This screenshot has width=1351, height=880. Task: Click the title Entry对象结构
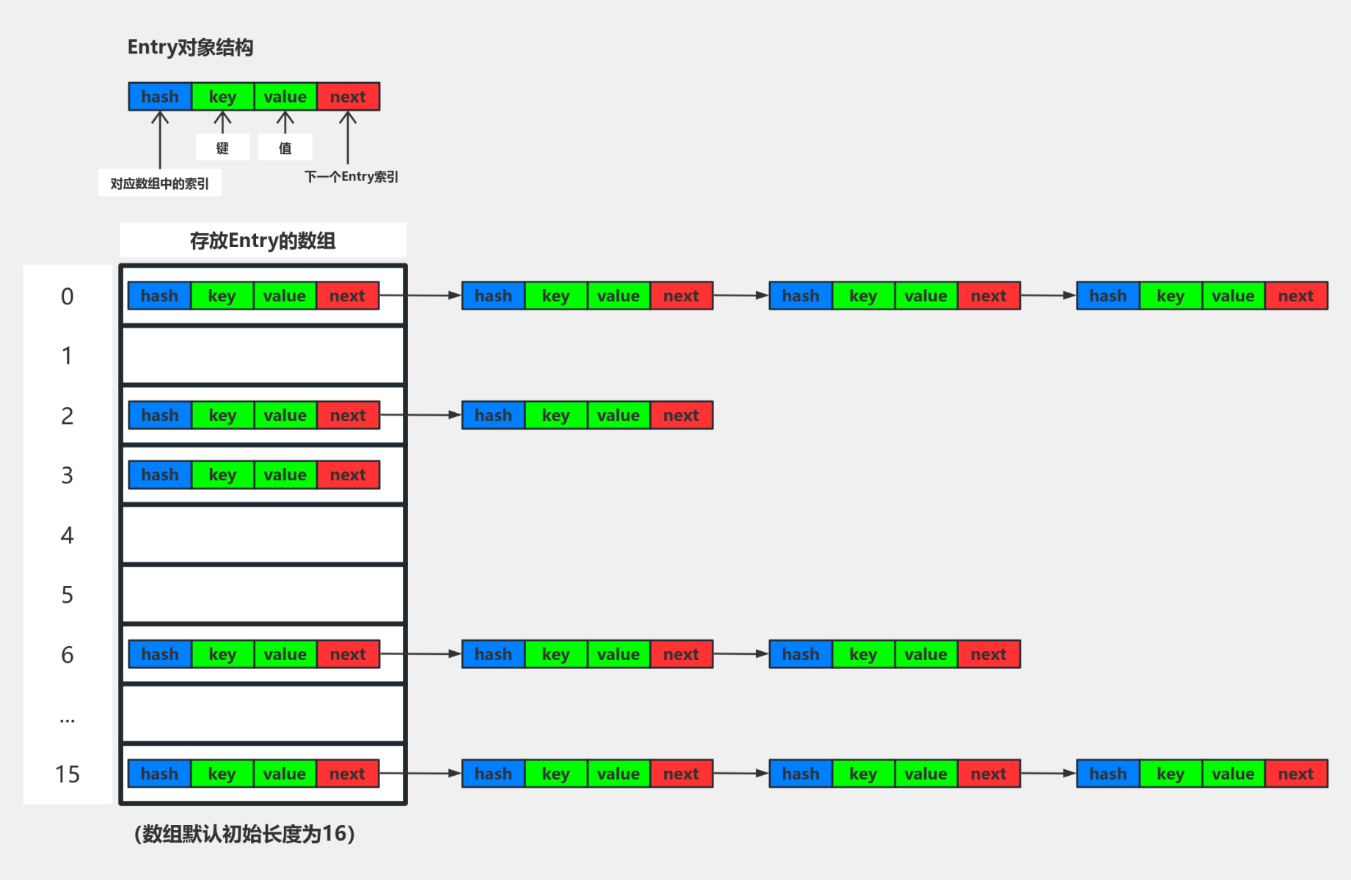tap(190, 48)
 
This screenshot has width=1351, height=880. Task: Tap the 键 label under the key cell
tap(222, 148)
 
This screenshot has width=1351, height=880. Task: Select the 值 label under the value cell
tap(285, 148)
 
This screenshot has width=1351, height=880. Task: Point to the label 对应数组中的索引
tap(159, 183)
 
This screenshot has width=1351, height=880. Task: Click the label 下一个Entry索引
tap(351, 177)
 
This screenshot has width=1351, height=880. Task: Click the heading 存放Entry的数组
tap(262, 241)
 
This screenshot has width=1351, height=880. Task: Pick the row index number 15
tap(67, 774)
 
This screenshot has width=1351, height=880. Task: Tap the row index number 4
tap(67, 535)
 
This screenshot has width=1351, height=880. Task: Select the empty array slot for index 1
tap(263, 356)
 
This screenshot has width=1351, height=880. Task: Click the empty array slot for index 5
tap(263, 595)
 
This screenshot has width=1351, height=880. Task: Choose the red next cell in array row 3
tap(348, 475)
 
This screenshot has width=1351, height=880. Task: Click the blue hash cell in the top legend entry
tap(160, 97)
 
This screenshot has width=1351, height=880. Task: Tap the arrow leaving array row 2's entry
tap(420, 415)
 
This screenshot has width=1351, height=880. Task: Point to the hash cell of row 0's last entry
tap(1107, 296)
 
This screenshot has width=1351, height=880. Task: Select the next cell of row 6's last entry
tap(988, 654)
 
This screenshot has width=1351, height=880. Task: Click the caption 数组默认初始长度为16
tap(244, 834)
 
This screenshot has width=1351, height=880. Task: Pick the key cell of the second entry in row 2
tap(556, 416)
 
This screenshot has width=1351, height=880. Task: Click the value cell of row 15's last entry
tap(1233, 774)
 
